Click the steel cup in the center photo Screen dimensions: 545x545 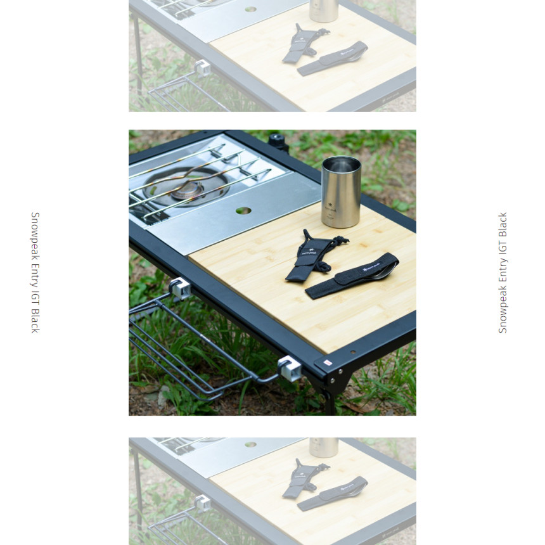click(x=341, y=192)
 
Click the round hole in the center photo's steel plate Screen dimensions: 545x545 click(x=243, y=210)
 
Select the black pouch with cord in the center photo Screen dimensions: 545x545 click(x=314, y=255)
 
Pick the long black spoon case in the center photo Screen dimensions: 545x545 click(x=352, y=276)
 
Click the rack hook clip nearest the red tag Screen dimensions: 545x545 click(x=290, y=368)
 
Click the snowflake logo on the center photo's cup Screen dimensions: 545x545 click(x=330, y=205)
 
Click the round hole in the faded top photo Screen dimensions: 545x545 click(x=250, y=9)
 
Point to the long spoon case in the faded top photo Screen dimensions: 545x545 click(x=333, y=58)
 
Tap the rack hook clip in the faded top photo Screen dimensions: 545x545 click(x=203, y=68)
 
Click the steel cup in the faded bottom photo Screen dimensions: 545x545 click(x=324, y=447)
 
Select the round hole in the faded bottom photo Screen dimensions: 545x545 click(x=250, y=444)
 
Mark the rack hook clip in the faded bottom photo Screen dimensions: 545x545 click(x=203, y=504)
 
